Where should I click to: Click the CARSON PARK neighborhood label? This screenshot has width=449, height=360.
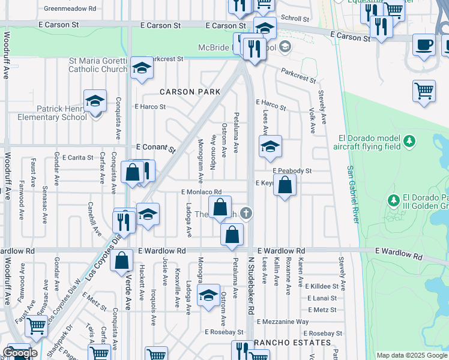tap(190, 92)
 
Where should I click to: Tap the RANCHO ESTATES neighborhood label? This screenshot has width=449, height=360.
tap(293, 343)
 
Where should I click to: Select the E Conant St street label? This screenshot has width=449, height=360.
tap(155, 147)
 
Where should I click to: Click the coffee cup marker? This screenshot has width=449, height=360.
tap(424, 45)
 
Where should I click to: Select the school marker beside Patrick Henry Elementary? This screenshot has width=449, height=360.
tap(94, 101)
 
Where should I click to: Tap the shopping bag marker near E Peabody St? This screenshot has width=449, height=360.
tap(285, 185)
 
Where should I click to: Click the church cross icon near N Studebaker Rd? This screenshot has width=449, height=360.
tap(246, 212)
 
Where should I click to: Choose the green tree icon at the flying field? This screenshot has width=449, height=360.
tap(409, 141)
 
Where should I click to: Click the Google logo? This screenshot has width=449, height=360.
tap(20, 353)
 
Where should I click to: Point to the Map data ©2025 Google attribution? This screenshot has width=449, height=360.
tap(412, 355)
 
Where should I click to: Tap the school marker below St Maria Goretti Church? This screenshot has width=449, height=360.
tap(142, 68)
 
